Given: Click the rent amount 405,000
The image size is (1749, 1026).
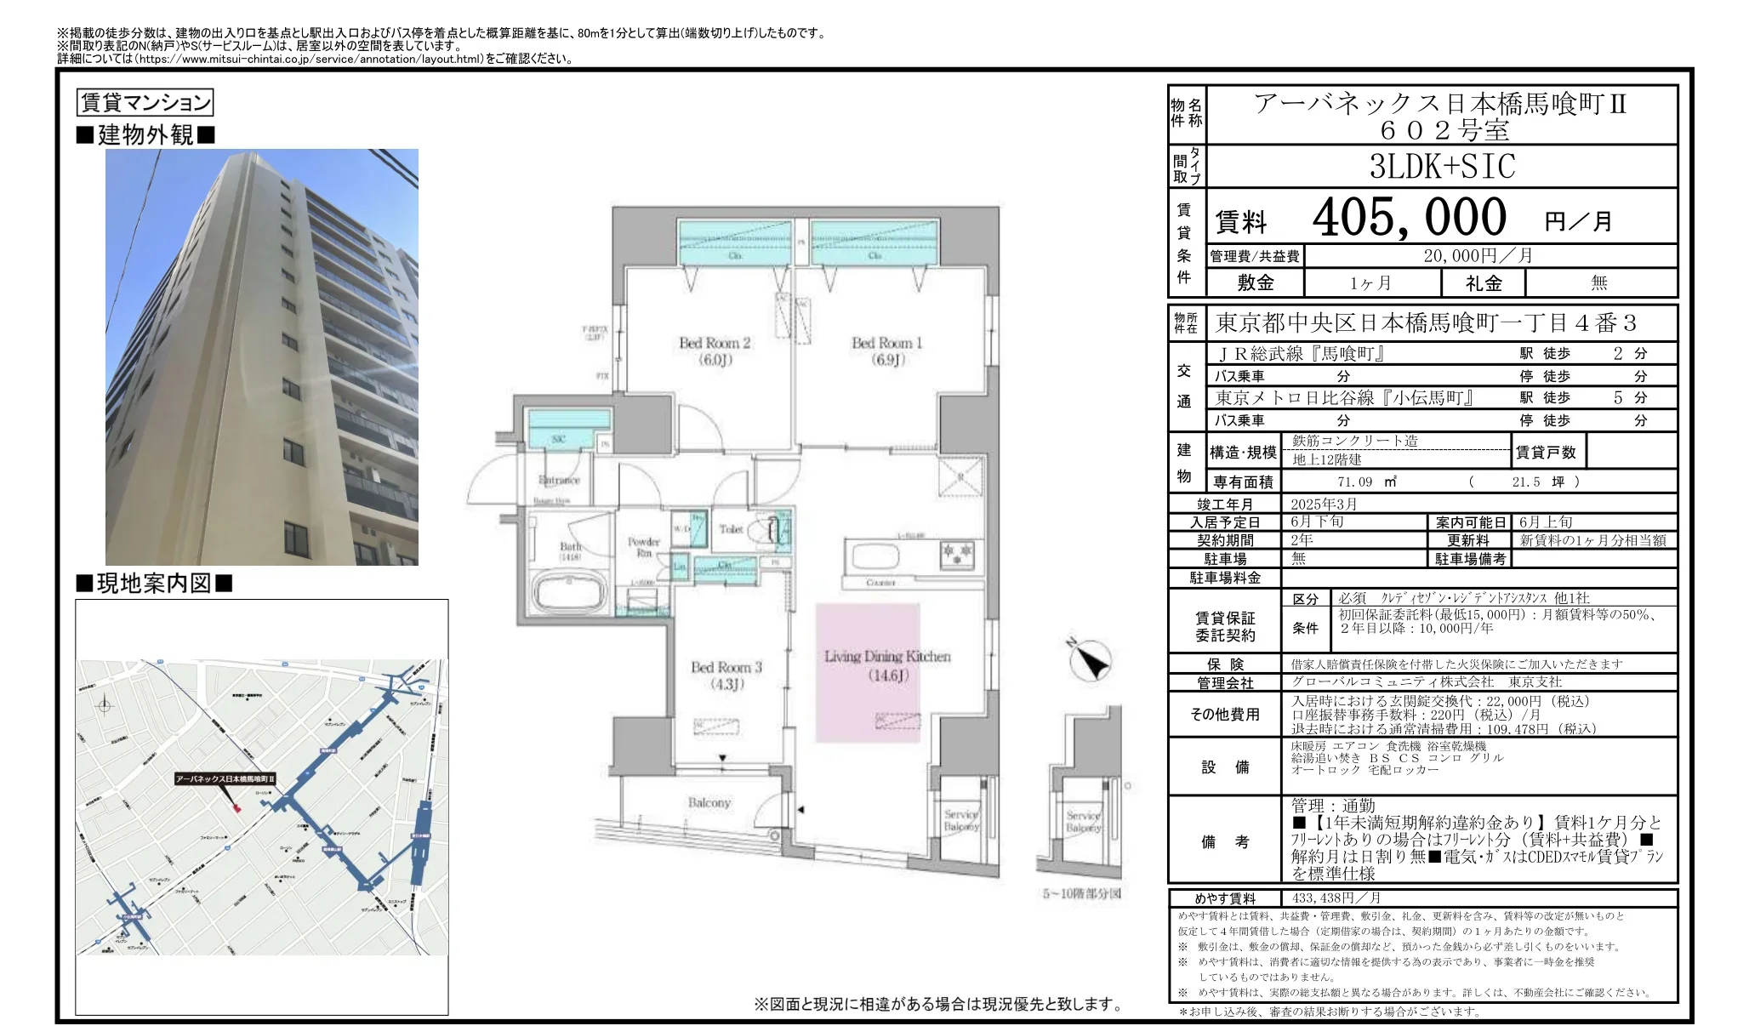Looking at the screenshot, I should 1409,217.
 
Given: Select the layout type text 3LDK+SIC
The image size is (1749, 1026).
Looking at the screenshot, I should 1442,167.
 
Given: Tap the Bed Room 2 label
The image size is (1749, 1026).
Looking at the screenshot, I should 715,351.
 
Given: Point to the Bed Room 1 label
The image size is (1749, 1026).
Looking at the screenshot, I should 886,351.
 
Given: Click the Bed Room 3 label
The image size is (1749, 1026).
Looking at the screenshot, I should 726,675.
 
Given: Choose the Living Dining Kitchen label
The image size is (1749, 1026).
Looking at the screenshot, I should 887,665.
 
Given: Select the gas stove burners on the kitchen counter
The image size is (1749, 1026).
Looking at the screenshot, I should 956,555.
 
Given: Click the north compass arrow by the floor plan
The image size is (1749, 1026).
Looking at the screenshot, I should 1090,659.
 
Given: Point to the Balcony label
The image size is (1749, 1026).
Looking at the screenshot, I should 709,802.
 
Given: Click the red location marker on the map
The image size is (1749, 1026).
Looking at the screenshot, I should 237,807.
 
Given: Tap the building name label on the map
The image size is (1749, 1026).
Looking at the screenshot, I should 225,778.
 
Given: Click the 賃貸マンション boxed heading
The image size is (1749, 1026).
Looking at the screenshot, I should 145,103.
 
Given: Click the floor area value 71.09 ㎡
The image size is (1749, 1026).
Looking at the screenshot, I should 1366,482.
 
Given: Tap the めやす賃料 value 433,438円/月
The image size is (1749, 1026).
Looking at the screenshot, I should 1336,898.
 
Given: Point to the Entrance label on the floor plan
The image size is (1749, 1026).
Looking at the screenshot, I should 559,480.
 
